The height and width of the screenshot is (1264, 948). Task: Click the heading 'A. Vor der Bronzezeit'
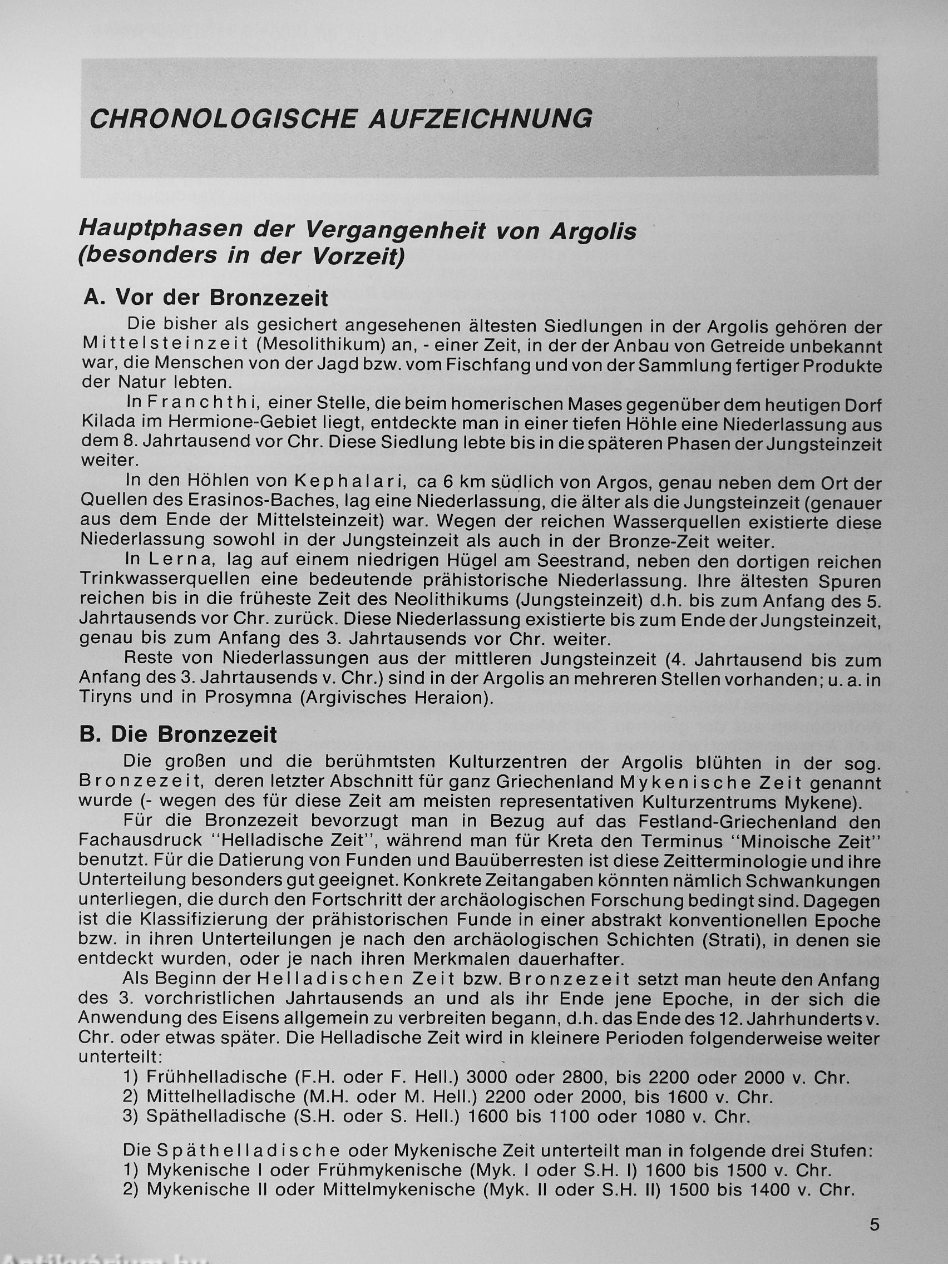click(x=206, y=298)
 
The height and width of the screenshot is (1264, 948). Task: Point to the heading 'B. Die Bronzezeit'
click(x=178, y=734)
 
